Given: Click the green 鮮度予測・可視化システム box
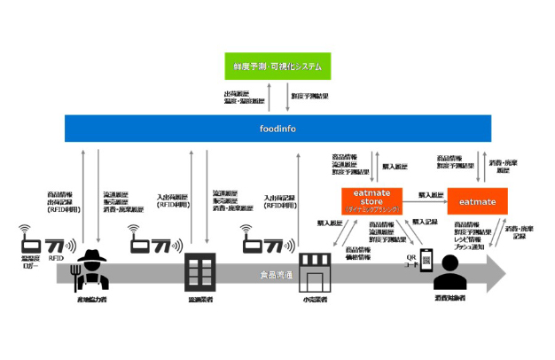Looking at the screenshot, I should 276,66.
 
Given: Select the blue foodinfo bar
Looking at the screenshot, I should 277,128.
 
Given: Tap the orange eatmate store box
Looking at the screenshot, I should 371,200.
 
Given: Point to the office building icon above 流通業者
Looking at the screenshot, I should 199,271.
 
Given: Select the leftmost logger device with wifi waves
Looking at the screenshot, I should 30,240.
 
